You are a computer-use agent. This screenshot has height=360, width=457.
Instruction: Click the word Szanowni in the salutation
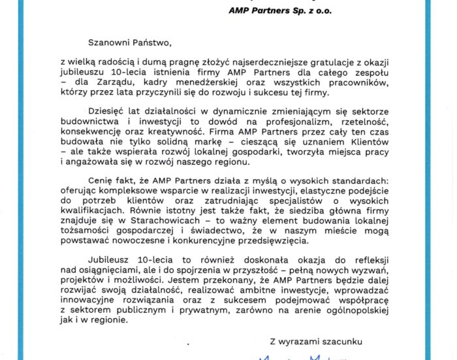[x=86, y=43]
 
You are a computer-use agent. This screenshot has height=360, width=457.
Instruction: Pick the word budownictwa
[x=86, y=122]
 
